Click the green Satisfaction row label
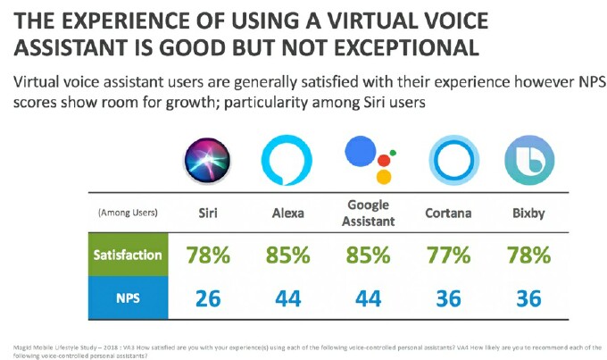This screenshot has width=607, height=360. coord(128,255)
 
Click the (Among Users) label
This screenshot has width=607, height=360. coord(128,214)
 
